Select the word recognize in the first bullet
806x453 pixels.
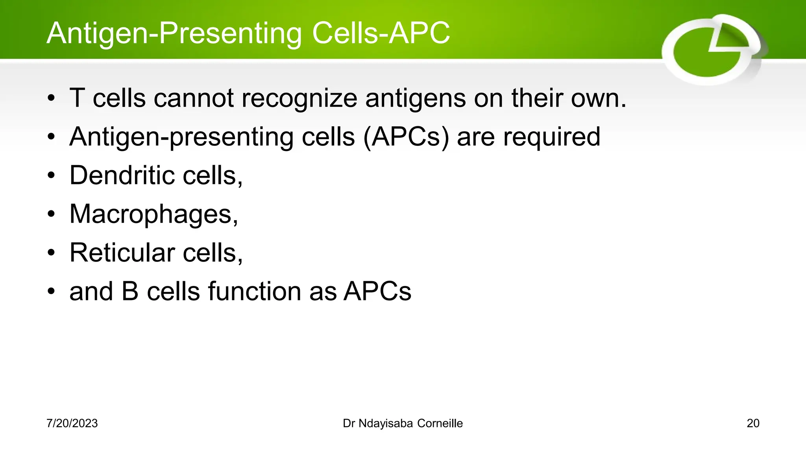pyautogui.click(x=299, y=98)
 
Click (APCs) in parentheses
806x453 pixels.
pyautogui.click(x=406, y=137)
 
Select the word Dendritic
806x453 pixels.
pyautogui.click(x=122, y=175)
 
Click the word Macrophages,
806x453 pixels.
pyautogui.click(x=154, y=214)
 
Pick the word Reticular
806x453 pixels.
pyautogui.click(x=122, y=253)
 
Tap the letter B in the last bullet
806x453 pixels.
pyautogui.click(x=130, y=291)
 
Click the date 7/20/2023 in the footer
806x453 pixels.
pyautogui.click(x=72, y=424)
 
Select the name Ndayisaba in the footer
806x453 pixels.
pyautogui.click(x=386, y=424)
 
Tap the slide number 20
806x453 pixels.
pyautogui.click(x=753, y=424)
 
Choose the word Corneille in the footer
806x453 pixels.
pyautogui.click(x=440, y=424)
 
